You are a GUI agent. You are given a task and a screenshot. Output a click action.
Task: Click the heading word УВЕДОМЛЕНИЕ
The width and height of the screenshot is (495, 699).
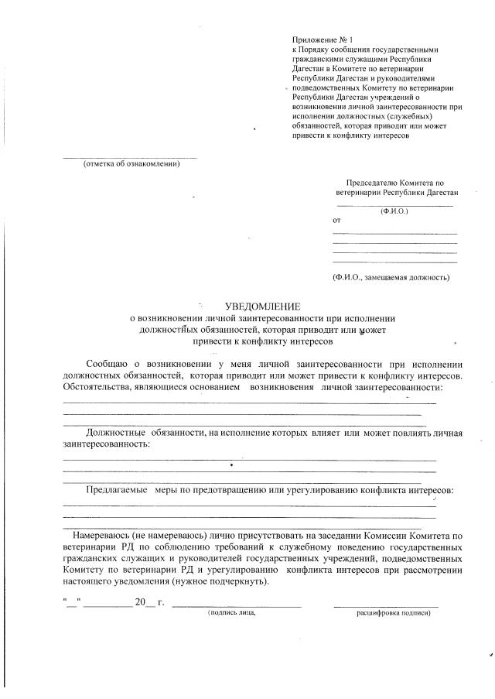click(261, 307)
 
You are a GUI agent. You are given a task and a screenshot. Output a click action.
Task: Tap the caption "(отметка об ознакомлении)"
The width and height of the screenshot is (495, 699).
click(131, 163)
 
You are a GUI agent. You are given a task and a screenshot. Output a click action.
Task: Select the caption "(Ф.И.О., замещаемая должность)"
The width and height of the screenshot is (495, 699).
click(391, 276)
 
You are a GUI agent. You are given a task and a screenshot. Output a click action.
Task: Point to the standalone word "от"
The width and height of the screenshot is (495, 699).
click(336, 221)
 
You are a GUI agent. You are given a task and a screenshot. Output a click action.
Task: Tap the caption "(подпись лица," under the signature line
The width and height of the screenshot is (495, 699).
click(230, 612)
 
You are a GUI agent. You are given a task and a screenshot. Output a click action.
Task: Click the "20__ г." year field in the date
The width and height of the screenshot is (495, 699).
click(149, 601)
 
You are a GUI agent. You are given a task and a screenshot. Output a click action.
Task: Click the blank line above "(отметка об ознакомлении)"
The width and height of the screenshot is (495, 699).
click(129, 158)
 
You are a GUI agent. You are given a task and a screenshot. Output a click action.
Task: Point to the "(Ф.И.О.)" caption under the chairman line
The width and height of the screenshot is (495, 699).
click(394, 211)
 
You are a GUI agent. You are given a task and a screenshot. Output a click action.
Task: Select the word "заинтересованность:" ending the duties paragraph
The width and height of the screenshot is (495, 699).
click(107, 445)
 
